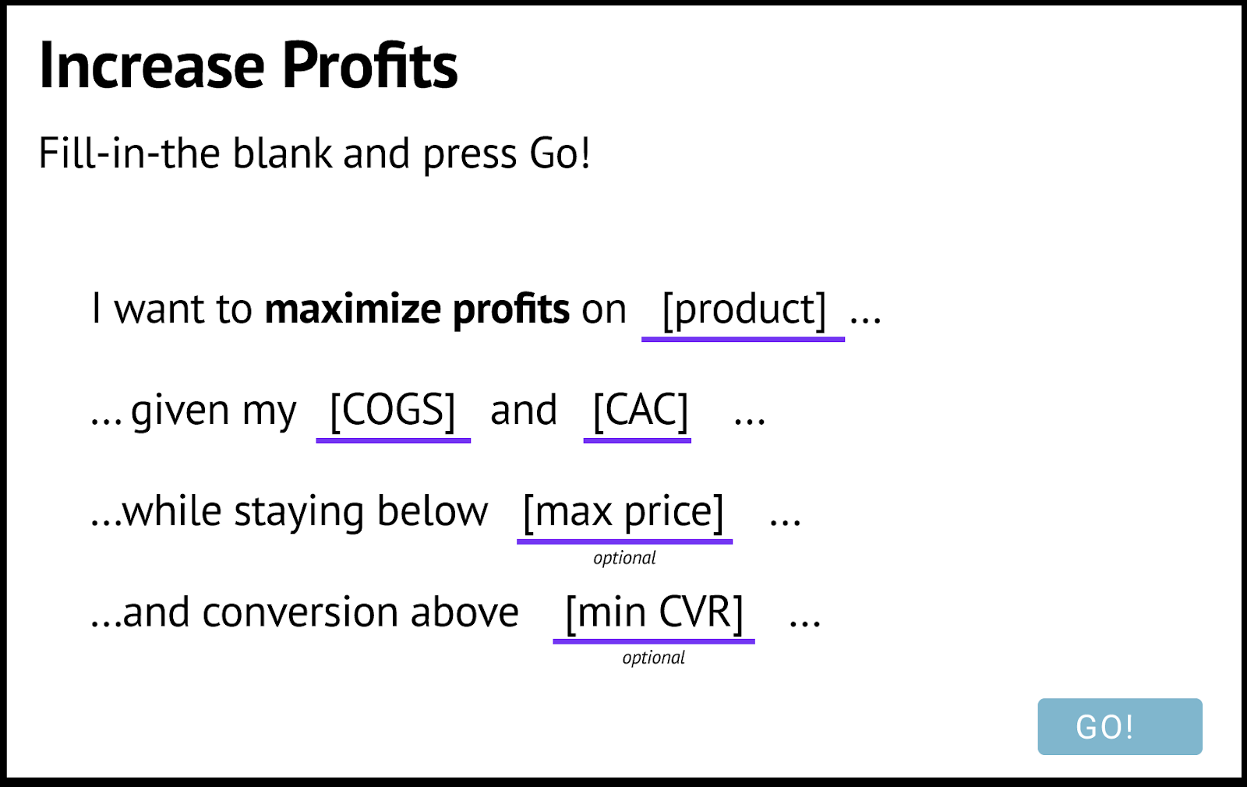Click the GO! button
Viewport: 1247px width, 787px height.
pyautogui.click(x=1119, y=726)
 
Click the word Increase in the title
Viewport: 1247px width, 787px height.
pyautogui.click(x=151, y=65)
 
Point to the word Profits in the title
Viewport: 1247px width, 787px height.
pyautogui.click(x=370, y=65)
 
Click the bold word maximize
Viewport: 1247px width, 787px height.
pyautogui.click(x=352, y=309)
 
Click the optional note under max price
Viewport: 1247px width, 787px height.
pyautogui.click(x=624, y=558)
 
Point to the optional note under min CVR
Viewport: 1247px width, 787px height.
pyautogui.click(x=654, y=658)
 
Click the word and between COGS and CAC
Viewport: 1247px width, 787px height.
pyautogui.click(x=523, y=410)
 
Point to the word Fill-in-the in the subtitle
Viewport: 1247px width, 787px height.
pyautogui.click(x=129, y=153)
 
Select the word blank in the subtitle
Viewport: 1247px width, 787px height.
pyautogui.click(x=282, y=153)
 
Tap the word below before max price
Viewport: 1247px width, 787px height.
pyautogui.click(x=433, y=511)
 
